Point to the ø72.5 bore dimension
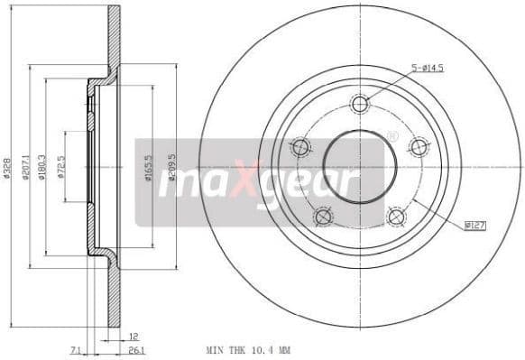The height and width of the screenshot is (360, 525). click(x=60, y=169)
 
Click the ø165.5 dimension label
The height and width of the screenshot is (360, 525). click(x=147, y=169)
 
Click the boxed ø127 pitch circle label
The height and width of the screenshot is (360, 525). click(x=474, y=225)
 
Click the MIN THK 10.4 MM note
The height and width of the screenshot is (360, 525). click(x=248, y=349)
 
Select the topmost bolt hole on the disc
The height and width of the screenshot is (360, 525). click(x=361, y=103)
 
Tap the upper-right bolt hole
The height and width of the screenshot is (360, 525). click(x=418, y=146)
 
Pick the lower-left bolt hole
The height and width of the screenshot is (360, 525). click(x=323, y=217)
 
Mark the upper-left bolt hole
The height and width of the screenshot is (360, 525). click(x=301, y=146)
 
